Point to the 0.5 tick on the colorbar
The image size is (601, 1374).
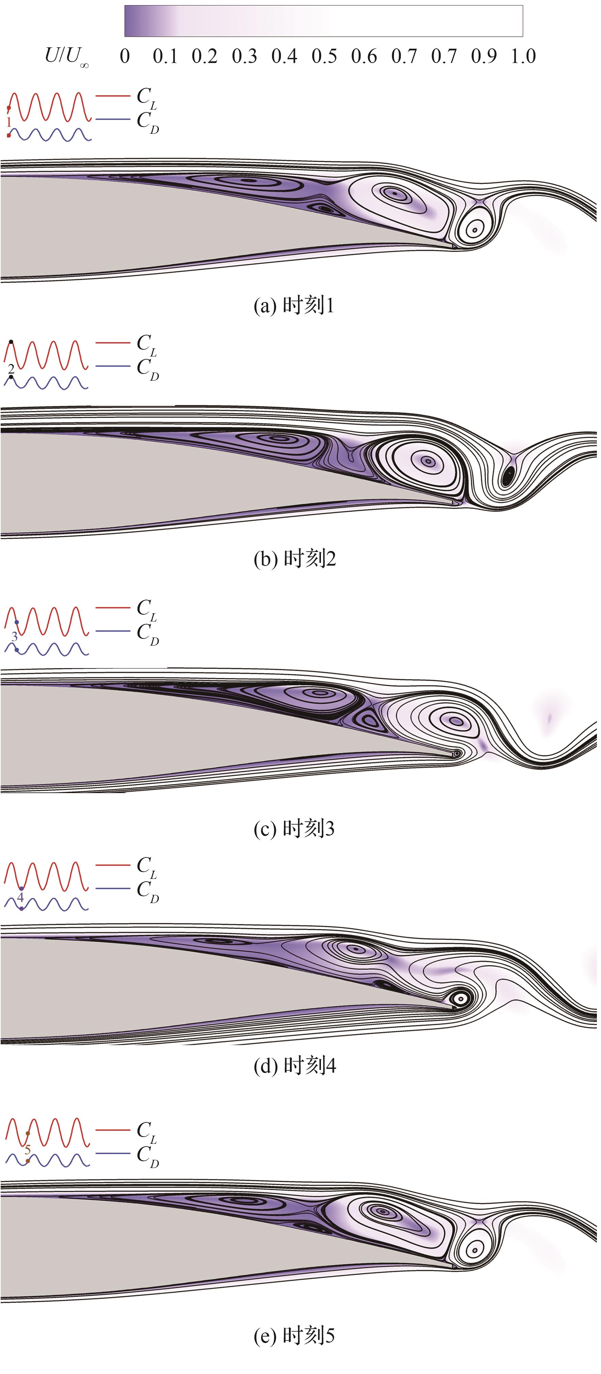324,56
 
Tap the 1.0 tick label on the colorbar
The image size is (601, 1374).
523,56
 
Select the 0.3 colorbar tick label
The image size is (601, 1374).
245,56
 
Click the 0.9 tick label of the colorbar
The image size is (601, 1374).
483,56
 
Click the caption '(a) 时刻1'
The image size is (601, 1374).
294,306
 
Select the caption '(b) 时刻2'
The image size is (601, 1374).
295,559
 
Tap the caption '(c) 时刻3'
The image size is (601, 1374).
294,829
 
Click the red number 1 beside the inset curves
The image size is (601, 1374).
9,123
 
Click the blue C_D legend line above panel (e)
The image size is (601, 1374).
113,1153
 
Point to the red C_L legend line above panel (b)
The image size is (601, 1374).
113,343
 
